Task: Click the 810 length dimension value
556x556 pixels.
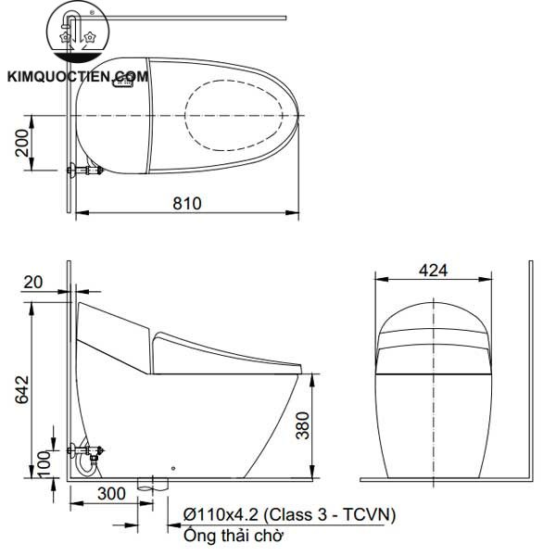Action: coord(186,202)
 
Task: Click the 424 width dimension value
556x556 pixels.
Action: coord(433,270)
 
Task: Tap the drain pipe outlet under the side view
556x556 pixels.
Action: coord(151,484)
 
